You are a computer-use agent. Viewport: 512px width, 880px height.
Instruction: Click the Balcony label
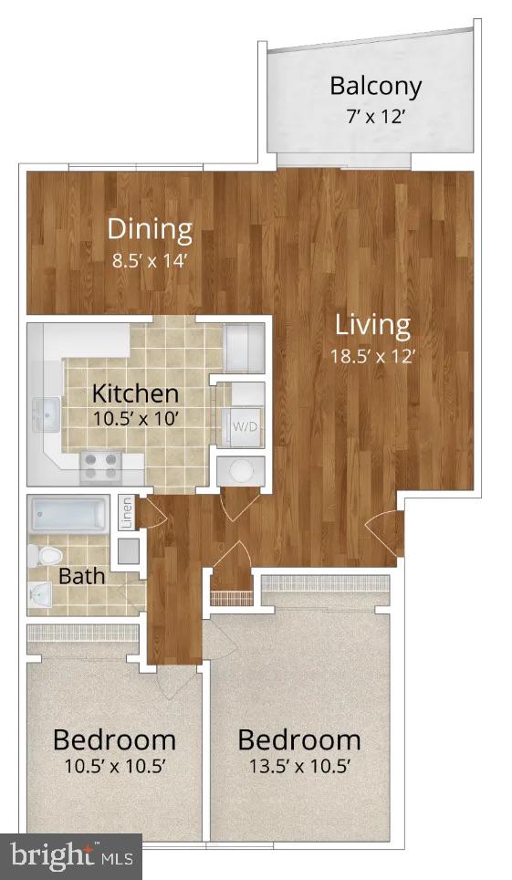click(375, 86)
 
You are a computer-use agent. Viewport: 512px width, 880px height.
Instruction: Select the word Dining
click(150, 228)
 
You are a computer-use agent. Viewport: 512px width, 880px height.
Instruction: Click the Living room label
click(372, 324)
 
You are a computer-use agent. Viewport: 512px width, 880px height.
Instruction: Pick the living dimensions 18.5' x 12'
click(372, 356)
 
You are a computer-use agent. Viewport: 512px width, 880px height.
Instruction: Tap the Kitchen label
click(135, 394)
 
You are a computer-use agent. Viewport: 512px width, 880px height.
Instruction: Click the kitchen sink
click(45, 416)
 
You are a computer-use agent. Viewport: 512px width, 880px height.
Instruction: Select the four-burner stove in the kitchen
click(103, 466)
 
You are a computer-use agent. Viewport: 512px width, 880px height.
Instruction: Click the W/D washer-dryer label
click(244, 426)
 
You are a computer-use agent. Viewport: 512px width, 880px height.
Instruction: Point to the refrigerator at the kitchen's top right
click(244, 346)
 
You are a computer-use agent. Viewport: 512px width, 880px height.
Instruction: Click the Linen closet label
click(128, 513)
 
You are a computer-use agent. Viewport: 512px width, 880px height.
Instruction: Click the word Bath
click(81, 577)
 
